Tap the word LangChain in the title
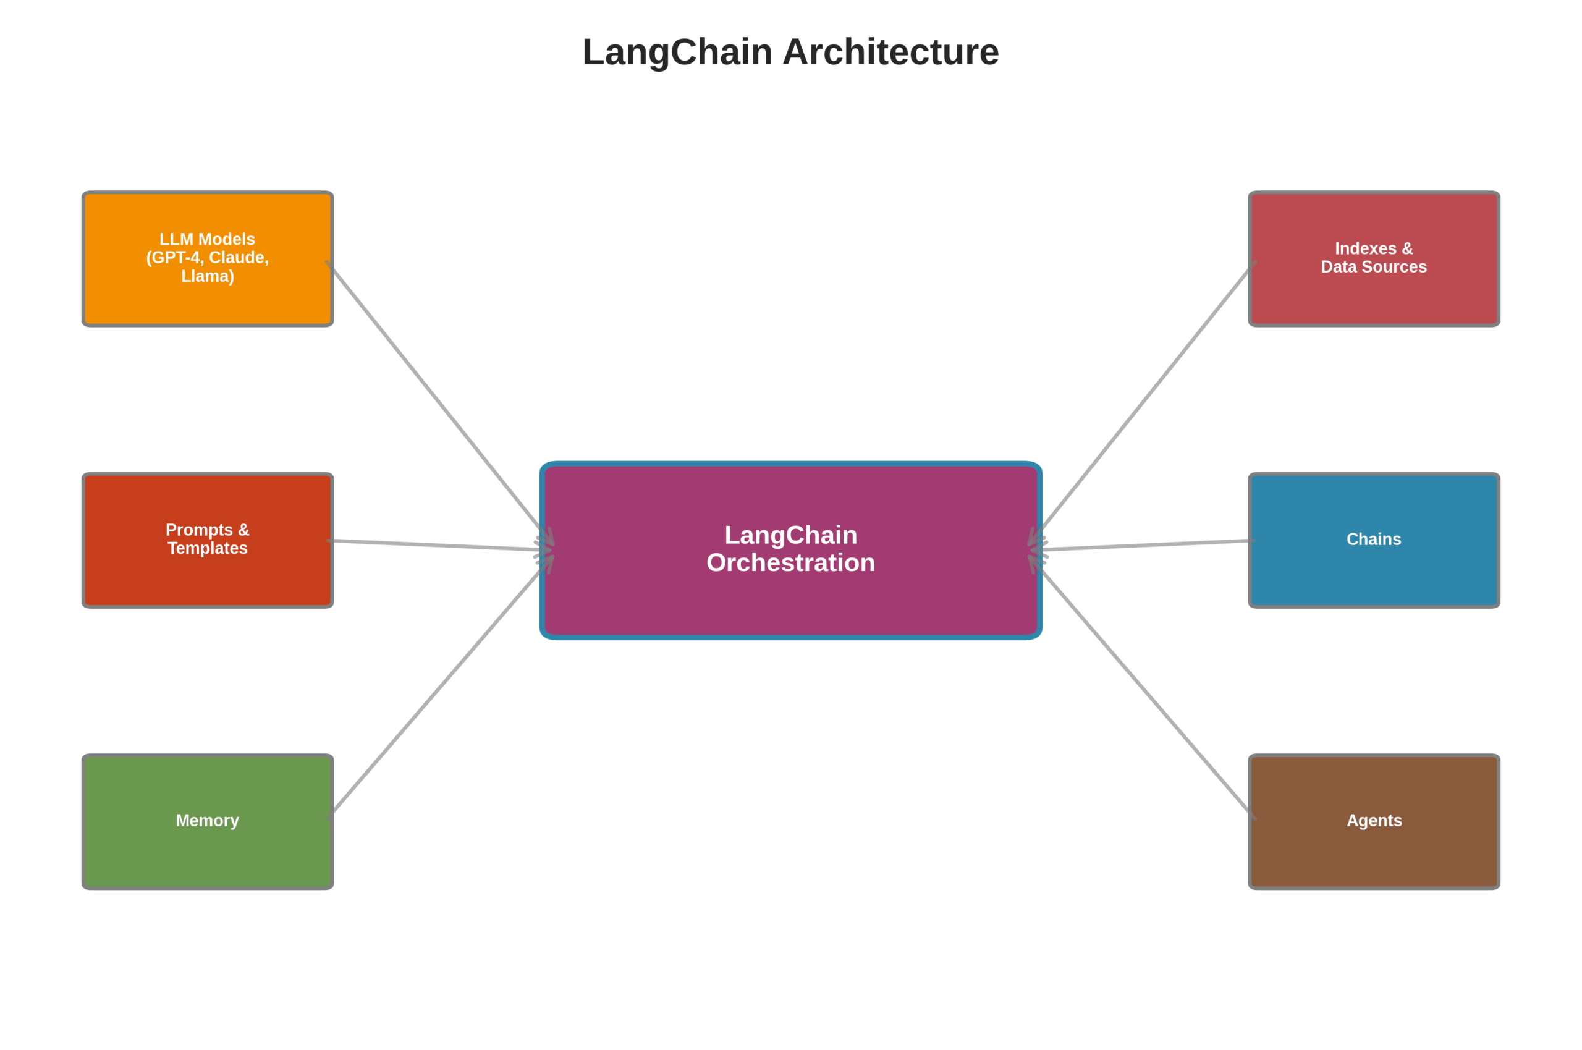tap(677, 53)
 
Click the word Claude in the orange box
tap(239, 258)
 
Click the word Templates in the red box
tap(208, 548)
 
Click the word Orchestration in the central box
tap(790, 563)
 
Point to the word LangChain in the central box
tap(790, 535)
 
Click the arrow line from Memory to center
tap(439, 690)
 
